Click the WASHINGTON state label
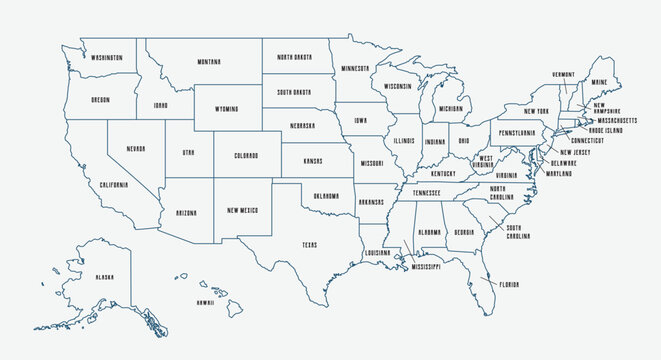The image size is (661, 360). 106,57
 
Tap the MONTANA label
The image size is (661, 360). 209,62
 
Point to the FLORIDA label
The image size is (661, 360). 509,285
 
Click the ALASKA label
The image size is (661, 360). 104,277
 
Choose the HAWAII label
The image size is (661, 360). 205,302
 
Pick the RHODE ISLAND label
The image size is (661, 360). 606,130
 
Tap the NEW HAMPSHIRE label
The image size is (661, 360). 607,108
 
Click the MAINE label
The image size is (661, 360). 599,83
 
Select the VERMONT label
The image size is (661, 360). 563,74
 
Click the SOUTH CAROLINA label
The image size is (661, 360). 518,232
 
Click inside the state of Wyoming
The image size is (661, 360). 227,107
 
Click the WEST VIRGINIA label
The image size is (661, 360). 484,162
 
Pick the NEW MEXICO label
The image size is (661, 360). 243,210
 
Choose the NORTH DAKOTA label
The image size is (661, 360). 296,57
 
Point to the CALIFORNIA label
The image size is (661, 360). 114,185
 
